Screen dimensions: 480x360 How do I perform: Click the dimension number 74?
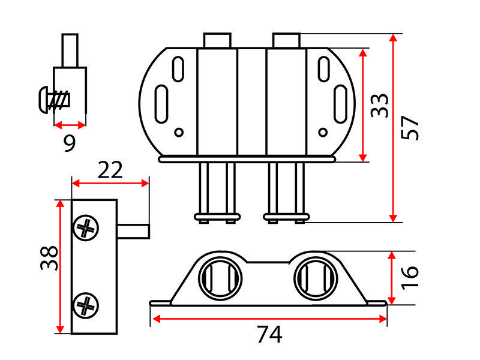pyautogui.click(x=269, y=335)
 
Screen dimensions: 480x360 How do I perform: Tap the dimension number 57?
pyautogui.click(x=410, y=128)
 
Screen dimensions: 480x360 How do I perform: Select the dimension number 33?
pyautogui.click(x=379, y=106)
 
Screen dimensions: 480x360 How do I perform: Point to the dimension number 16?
pyautogui.click(x=410, y=277)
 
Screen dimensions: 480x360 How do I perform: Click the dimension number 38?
pyautogui.click(x=49, y=258)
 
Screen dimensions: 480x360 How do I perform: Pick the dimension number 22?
pyautogui.click(x=110, y=170)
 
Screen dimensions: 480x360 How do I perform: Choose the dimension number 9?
pyautogui.click(x=70, y=143)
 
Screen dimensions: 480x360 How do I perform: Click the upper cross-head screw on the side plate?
pyautogui.click(x=86, y=228)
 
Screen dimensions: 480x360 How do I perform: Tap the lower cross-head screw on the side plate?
pyautogui.click(x=86, y=305)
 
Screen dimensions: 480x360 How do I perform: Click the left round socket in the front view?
pyautogui.click(x=220, y=278)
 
